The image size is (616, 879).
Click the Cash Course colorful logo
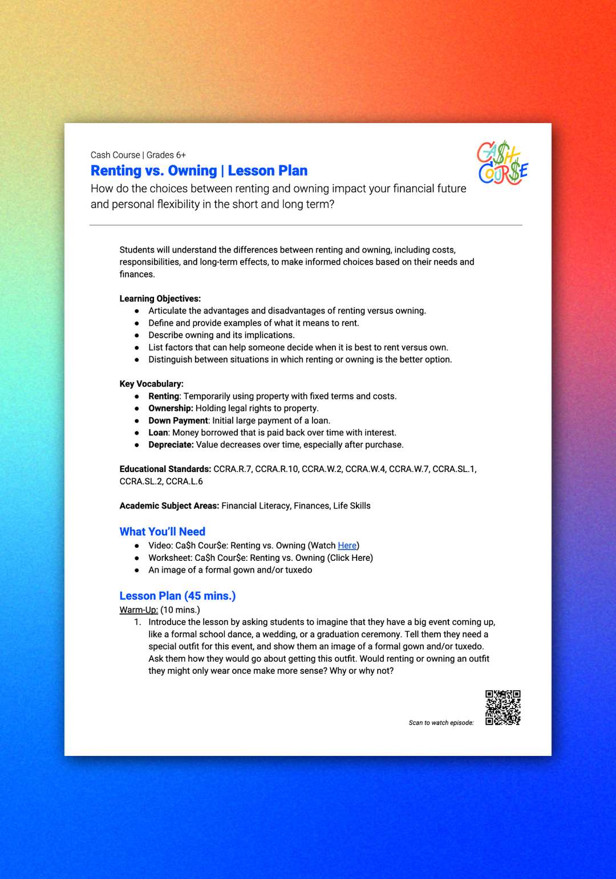tap(502, 164)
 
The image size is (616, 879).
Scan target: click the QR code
tap(503, 707)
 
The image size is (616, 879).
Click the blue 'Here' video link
tap(347, 546)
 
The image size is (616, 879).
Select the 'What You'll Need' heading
tap(162, 531)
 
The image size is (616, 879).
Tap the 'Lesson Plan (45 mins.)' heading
tap(177, 596)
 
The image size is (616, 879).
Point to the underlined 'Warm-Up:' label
tap(139, 610)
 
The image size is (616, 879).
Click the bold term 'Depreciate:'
tap(171, 445)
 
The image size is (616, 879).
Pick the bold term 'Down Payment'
tap(178, 420)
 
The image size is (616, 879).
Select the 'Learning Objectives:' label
tap(160, 299)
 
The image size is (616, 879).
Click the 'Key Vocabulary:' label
tap(151, 384)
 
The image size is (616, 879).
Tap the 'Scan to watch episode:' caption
tap(441, 723)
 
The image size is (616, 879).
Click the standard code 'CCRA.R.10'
tap(277, 469)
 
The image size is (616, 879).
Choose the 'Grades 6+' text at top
tap(166, 155)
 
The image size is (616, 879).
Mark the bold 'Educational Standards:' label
tap(165, 469)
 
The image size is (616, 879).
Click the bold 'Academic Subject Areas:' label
tap(169, 506)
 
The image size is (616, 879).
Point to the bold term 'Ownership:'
tap(171, 408)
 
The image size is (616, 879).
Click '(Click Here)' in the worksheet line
tap(350, 557)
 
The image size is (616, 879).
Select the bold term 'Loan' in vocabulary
tap(158, 433)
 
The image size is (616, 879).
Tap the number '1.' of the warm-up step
tap(137, 622)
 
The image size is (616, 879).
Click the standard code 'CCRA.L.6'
tap(184, 481)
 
